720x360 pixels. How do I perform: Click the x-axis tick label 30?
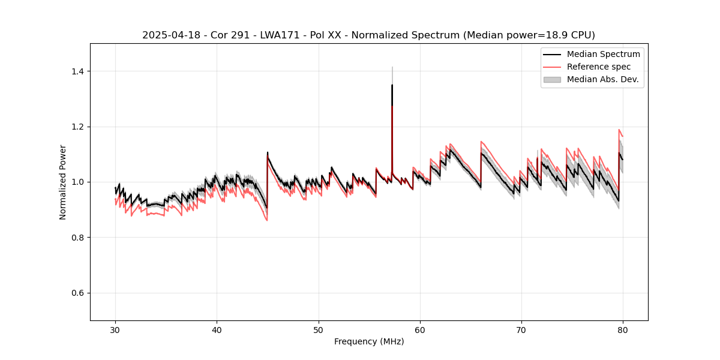coord(116,329)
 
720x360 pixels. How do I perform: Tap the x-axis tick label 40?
coord(217,329)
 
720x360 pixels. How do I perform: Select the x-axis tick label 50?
coord(319,329)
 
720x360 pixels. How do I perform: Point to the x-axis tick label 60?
coord(420,329)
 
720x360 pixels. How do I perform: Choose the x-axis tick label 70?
coord(521,329)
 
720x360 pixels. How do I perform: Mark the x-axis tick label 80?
coord(623,329)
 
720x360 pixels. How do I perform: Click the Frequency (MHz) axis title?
coord(369,341)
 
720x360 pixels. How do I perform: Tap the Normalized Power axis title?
coord(63,182)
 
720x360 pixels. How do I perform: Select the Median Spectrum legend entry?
coord(603,54)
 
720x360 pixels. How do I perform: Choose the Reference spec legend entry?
coord(598,67)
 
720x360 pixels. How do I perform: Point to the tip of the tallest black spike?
coord(392,85)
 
